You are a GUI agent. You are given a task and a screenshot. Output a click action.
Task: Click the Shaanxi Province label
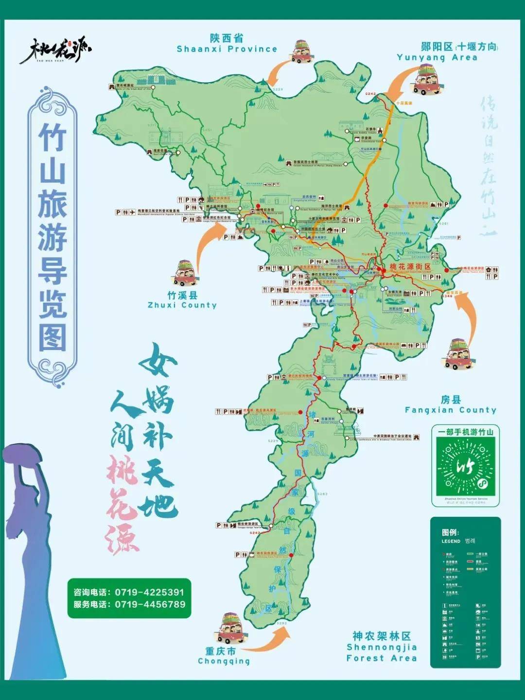tap(227, 44)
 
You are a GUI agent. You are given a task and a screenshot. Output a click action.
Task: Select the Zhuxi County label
tap(182, 300)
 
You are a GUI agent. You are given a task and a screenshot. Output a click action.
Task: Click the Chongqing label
tap(224, 656)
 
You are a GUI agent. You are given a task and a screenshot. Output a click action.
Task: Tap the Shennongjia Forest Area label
tap(382, 647)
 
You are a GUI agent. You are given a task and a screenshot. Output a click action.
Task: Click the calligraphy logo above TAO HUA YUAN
tap(54, 50)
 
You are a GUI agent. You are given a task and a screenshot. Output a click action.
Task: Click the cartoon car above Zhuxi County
tap(185, 273)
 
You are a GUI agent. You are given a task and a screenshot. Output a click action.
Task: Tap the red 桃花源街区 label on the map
tap(410, 267)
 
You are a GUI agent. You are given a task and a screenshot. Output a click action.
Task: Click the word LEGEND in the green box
tap(451, 541)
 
